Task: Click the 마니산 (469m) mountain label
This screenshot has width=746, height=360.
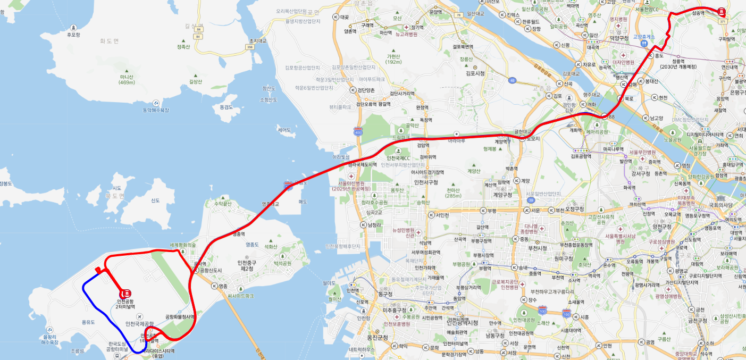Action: [127, 79]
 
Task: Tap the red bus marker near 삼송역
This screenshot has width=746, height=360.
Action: [721, 11]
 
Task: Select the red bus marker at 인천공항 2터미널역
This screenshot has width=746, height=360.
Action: [127, 292]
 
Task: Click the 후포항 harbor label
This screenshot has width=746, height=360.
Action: [73, 35]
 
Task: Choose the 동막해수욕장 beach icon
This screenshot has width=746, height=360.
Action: [156, 103]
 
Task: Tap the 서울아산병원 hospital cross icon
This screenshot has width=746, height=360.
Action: [350, 177]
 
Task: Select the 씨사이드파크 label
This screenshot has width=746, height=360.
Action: [240, 295]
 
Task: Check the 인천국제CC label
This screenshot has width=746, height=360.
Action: [398, 158]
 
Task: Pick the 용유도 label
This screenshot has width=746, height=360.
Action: [88, 322]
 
